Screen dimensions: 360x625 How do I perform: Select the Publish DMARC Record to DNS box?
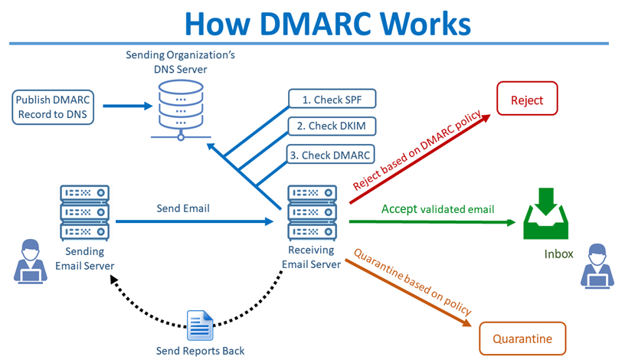(x=51, y=106)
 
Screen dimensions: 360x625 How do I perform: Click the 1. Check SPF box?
(x=332, y=98)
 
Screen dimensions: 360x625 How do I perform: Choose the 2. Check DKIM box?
(x=332, y=126)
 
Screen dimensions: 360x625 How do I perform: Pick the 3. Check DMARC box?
(x=332, y=154)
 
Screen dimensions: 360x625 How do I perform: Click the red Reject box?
(x=527, y=100)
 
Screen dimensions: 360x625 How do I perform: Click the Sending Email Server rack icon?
(x=84, y=212)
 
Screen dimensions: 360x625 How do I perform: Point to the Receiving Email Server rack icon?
(x=311, y=212)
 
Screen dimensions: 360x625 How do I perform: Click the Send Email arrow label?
(x=183, y=208)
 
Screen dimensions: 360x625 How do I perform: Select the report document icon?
(x=201, y=326)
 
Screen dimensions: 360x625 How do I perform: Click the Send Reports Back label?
(x=201, y=350)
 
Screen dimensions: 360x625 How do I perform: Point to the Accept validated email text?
(x=437, y=209)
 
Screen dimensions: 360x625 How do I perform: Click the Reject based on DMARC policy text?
(x=417, y=152)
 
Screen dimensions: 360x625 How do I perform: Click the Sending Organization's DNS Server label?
(x=179, y=62)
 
